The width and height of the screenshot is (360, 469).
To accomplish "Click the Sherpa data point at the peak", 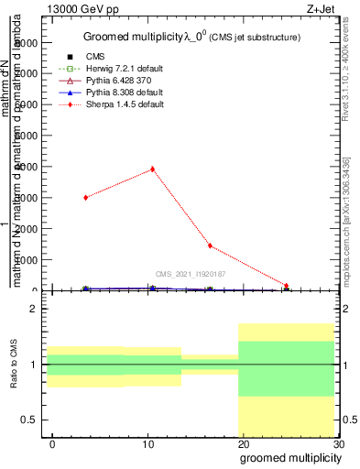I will [x=152, y=169].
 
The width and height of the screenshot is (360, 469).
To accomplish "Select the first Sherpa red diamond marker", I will [x=85, y=197].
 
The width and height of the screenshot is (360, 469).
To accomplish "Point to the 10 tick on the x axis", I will [x=147, y=444].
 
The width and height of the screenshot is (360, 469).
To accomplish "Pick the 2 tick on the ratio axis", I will [x=33, y=309].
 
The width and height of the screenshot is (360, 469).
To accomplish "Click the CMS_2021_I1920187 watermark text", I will [x=190, y=273].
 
